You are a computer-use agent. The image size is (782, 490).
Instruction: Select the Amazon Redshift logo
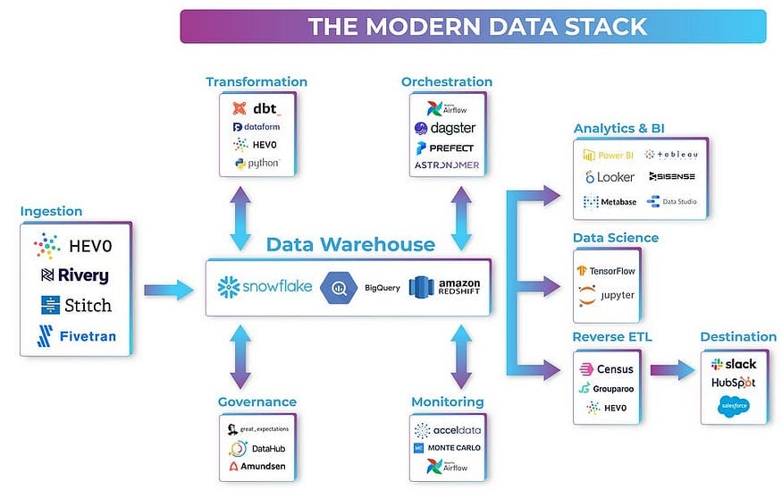[x=444, y=287]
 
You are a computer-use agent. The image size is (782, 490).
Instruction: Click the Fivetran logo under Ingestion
[x=76, y=336]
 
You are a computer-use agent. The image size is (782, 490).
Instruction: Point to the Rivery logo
[x=76, y=275]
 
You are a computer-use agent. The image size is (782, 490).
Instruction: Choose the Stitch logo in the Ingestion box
[x=76, y=305]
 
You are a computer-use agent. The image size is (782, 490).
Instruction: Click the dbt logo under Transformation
[x=256, y=109]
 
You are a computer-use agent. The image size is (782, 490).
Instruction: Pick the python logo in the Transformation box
[x=256, y=164]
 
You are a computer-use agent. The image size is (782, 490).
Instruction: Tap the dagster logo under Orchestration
[x=445, y=128]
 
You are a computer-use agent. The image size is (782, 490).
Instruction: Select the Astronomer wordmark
[x=446, y=165]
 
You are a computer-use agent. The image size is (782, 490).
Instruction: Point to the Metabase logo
[x=610, y=202]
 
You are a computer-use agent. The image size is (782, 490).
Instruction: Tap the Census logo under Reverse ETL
[x=607, y=368]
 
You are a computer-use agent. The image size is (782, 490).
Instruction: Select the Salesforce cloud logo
[x=733, y=406]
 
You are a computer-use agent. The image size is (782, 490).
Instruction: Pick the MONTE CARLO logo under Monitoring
[x=446, y=447]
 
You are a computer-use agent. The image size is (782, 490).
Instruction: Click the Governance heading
[x=257, y=401]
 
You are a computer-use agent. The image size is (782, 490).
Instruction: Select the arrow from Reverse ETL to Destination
[x=673, y=368]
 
